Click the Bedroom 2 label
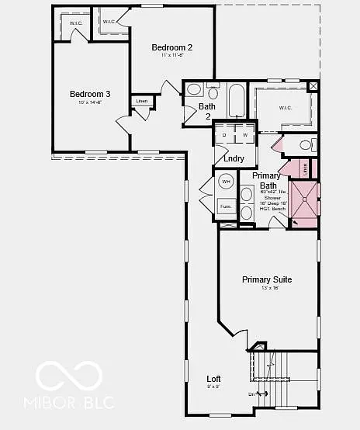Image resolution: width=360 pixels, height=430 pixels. click(171, 47)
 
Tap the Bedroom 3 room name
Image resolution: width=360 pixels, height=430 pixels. click(90, 94)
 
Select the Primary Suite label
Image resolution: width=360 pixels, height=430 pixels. click(266, 279)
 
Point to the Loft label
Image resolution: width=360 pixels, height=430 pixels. click(213, 379)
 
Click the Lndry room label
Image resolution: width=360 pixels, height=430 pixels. click(234, 158)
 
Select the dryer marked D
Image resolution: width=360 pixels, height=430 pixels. click(224, 135)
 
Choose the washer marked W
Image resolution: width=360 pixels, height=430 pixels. click(244, 135)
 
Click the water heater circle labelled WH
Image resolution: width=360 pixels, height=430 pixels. click(227, 182)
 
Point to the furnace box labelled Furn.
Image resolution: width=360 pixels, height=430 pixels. click(227, 206)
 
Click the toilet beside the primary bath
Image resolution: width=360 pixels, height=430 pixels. click(305, 144)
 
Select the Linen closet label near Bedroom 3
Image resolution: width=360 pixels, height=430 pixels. click(141, 101)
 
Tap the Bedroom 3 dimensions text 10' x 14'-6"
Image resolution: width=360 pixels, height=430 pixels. click(90, 103)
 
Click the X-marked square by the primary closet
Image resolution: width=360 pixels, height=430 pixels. click(313, 86)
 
